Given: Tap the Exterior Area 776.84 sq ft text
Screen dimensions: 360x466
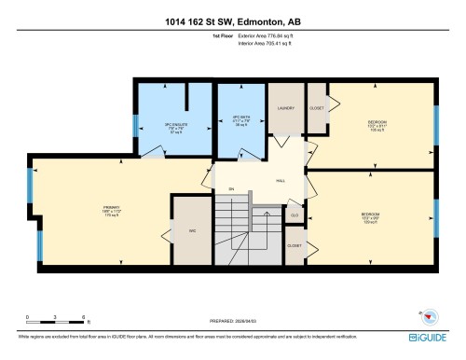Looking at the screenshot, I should pyautogui.click(x=266, y=42).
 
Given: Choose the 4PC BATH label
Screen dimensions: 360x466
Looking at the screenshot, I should pyautogui.click(x=242, y=120).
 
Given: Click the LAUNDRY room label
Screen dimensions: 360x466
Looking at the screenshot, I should pyautogui.click(x=286, y=109).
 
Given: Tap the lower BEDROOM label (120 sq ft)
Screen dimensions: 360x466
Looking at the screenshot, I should pyautogui.click(x=370, y=217).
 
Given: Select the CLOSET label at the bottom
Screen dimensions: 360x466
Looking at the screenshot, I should pyautogui.click(x=295, y=245).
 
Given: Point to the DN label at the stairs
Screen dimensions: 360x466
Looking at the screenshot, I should pyautogui.click(x=231, y=189).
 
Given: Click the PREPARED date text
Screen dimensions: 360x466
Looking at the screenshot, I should pyautogui.click(x=232, y=322).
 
